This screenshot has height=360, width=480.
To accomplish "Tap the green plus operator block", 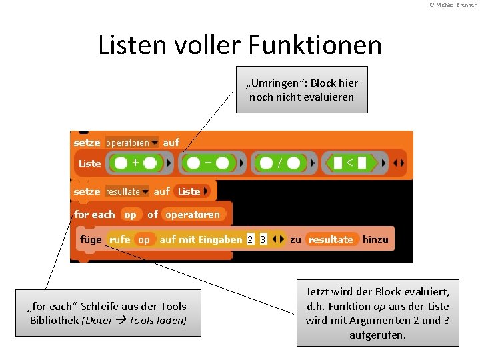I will (x=135, y=162).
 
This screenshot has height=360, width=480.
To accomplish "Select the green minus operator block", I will (x=207, y=162).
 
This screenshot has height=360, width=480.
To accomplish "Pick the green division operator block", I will (x=279, y=162).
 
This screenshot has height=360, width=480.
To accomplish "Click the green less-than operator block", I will (x=350, y=162).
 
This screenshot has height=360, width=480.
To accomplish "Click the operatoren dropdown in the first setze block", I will (x=132, y=143).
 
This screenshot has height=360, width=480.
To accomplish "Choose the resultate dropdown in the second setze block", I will (x=127, y=191).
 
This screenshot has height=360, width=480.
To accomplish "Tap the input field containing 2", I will (x=250, y=239).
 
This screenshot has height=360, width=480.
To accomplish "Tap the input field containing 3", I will (x=263, y=239).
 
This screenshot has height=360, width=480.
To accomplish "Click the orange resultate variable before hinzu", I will (x=331, y=239).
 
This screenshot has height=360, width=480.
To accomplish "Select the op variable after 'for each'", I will (x=130, y=215).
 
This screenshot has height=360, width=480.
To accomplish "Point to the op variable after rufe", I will (x=144, y=239).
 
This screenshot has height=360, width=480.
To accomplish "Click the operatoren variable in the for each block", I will (x=193, y=215).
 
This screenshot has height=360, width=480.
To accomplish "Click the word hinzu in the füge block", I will (x=375, y=239).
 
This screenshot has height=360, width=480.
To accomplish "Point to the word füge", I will (x=91, y=239).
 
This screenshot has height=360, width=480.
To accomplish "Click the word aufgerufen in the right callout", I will (x=377, y=335).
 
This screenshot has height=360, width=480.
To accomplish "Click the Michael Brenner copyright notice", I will (x=453, y=5).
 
